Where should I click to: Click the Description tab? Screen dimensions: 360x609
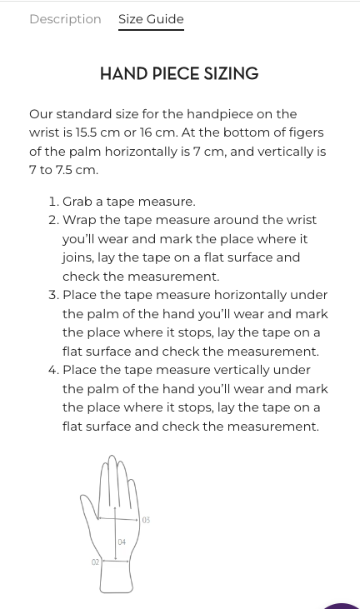click(65, 19)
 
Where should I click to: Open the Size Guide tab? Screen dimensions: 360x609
click(151, 19)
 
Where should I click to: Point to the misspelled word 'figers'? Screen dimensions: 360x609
click(303, 132)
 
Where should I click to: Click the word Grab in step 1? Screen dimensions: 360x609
click(77, 202)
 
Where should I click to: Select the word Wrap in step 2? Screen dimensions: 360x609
click(79, 220)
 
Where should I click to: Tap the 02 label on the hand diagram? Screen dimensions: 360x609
click(95, 562)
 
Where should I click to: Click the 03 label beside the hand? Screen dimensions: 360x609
click(146, 520)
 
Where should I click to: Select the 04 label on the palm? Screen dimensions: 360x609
click(122, 542)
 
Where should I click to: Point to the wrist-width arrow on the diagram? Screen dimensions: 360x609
click(115, 561)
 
